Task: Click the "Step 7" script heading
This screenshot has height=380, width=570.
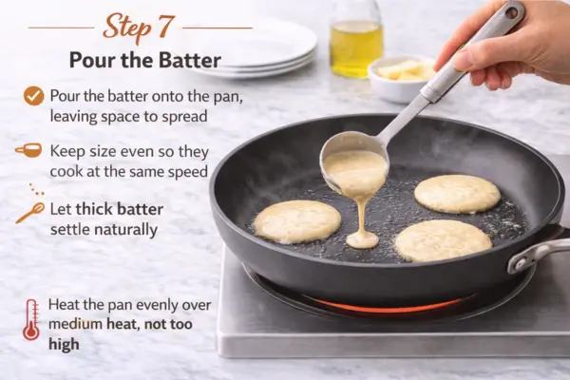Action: pos(139,28)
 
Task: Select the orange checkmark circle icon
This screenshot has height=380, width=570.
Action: pos(34,96)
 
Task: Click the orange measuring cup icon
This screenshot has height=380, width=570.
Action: pos(28,150)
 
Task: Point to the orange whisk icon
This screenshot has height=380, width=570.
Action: pos(30,213)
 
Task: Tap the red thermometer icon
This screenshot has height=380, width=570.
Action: pos(31,320)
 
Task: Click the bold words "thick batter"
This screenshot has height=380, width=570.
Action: pos(120,209)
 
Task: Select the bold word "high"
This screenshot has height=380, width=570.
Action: pos(64,344)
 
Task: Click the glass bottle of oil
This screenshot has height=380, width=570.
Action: pos(356,38)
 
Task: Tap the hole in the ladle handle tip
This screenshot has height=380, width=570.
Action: pos(512,12)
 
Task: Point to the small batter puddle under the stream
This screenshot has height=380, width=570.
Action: pos(363,240)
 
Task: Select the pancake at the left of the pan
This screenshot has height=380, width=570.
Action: pos(297,221)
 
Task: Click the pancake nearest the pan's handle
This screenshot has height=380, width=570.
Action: pos(444,240)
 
